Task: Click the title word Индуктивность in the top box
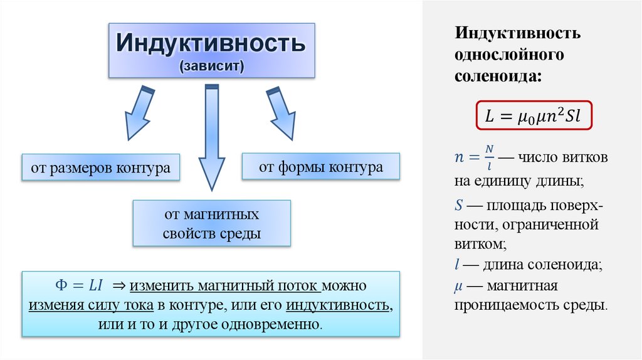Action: [211, 44]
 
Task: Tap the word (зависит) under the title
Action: [211, 66]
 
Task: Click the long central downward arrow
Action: [212, 138]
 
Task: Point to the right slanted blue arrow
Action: [282, 113]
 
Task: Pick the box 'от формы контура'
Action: [321, 167]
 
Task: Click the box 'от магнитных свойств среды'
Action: [212, 224]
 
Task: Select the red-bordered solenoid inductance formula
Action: [533, 115]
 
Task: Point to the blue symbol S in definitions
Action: [459, 205]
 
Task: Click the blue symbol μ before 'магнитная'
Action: [459, 287]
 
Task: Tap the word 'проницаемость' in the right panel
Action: [495, 306]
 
